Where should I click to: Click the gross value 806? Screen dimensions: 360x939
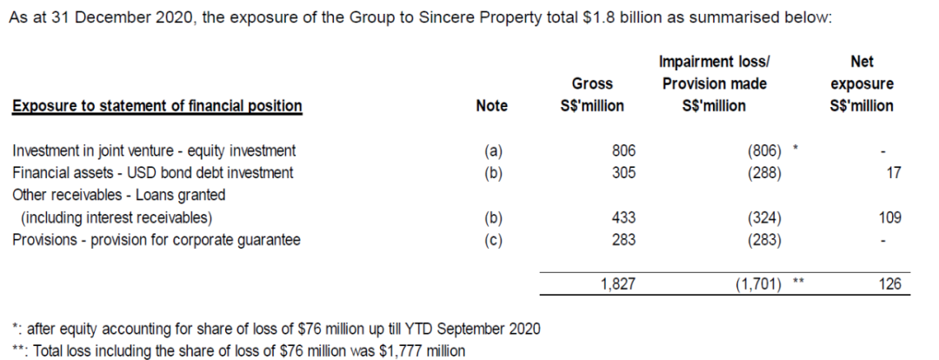624,150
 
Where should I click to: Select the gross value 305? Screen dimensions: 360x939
624,172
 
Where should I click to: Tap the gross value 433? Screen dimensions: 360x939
624,217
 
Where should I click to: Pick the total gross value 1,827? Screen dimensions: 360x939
618,284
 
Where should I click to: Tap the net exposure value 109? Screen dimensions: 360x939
889,217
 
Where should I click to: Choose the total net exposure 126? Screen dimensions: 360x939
889,284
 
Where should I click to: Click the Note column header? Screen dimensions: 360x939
492,106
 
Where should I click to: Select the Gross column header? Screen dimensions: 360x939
592,83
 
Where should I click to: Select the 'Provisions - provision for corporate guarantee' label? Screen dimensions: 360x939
156,240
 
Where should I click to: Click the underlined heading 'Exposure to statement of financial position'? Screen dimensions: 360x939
157,106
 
